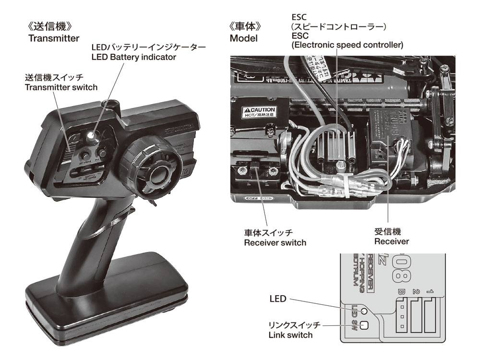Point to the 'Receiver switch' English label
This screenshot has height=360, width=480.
(x=275, y=243)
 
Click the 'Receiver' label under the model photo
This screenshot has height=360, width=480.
(x=391, y=241)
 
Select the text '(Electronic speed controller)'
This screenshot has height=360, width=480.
(x=347, y=45)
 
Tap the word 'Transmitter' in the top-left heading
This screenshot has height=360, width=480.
(x=54, y=39)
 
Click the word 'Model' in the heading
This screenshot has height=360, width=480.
(x=243, y=38)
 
